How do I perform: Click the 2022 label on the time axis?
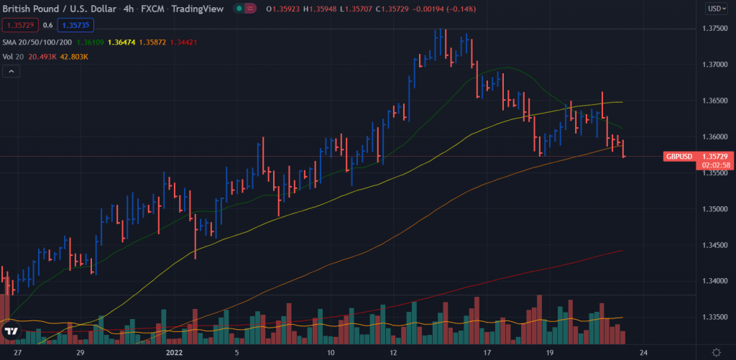click(x=175, y=352)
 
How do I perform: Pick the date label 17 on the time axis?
click(x=487, y=352)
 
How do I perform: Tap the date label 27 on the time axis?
click(x=18, y=352)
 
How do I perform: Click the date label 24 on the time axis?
click(x=645, y=352)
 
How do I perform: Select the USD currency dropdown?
click(x=716, y=9)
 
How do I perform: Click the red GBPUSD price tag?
click(x=679, y=156)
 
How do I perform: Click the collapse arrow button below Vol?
click(x=11, y=71)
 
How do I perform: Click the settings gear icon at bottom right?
click(x=716, y=351)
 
